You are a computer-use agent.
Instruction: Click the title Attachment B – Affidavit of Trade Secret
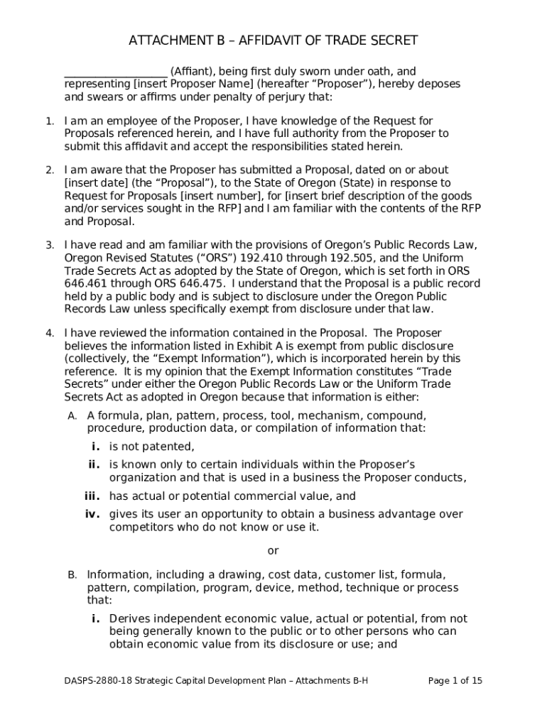click(x=273, y=40)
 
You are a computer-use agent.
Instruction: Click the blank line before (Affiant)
click(x=115, y=72)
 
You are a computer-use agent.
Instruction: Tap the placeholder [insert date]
click(x=92, y=182)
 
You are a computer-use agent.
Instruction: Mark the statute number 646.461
click(x=85, y=283)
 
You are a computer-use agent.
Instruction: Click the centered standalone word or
click(x=273, y=551)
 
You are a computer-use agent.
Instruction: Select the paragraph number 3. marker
click(x=50, y=245)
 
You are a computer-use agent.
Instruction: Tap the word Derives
click(x=129, y=619)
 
